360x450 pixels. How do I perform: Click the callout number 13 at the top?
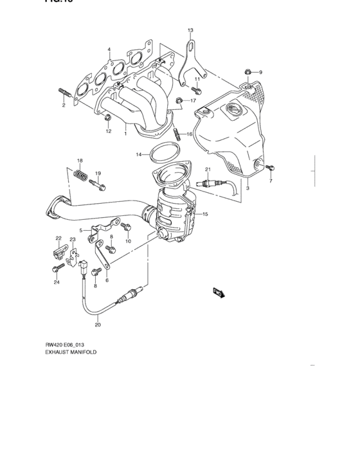(x=190, y=30)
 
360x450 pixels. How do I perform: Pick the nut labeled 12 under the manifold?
(x=108, y=118)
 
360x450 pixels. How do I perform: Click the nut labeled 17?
(x=181, y=100)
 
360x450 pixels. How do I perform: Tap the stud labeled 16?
(x=176, y=134)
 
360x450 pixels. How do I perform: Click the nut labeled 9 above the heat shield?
(x=248, y=72)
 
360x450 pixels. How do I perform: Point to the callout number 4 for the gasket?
(x=109, y=50)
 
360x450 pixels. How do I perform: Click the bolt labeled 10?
(x=126, y=227)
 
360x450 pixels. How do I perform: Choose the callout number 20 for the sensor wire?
(x=98, y=325)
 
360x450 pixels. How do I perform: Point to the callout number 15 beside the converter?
(x=205, y=213)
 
